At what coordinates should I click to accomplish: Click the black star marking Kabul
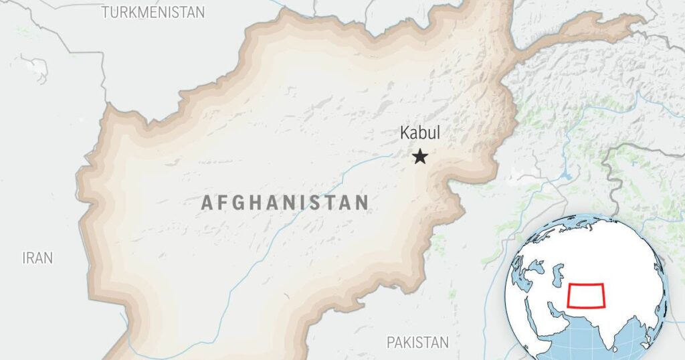pos(420,157)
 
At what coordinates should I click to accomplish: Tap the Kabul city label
pos(420,133)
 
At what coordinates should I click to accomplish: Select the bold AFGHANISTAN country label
pos(285,203)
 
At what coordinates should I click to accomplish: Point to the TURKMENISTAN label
pos(153,12)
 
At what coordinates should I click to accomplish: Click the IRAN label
pos(37,258)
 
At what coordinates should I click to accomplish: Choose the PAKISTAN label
pos(418,343)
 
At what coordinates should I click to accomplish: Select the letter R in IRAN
pos(32,258)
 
